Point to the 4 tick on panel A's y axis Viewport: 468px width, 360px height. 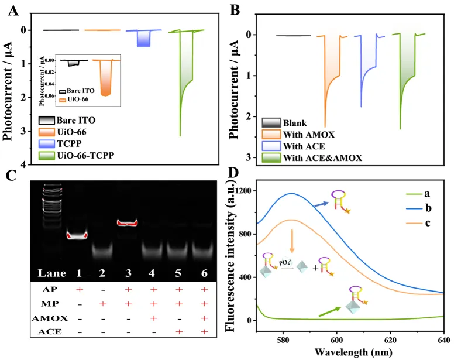33,165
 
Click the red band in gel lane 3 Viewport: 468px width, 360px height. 135,222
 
